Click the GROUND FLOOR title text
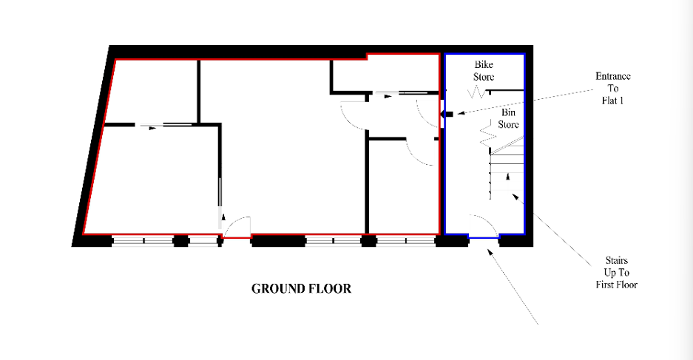click(302, 289)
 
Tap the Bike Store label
click(484, 71)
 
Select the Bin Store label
click(508, 118)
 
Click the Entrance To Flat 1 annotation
click(613, 89)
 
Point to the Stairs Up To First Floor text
click(617, 273)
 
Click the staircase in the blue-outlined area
click(507, 168)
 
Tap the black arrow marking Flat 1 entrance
click(447, 115)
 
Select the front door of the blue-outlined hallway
click(484, 226)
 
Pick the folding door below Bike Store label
click(477, 92)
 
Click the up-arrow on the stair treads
click(508, 177)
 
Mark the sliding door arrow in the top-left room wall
click(152, 128)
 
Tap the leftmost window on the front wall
click(143, 241)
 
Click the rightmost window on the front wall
click(406, 241)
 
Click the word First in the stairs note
click(605, 285)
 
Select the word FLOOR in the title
click(330, 289)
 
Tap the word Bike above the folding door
click(484, 65)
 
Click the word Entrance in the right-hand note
click(613, 76)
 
